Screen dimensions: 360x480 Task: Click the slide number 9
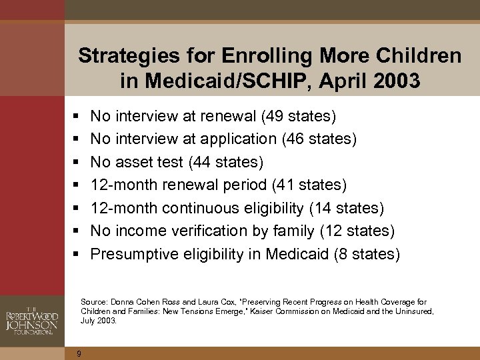(79, 353)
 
